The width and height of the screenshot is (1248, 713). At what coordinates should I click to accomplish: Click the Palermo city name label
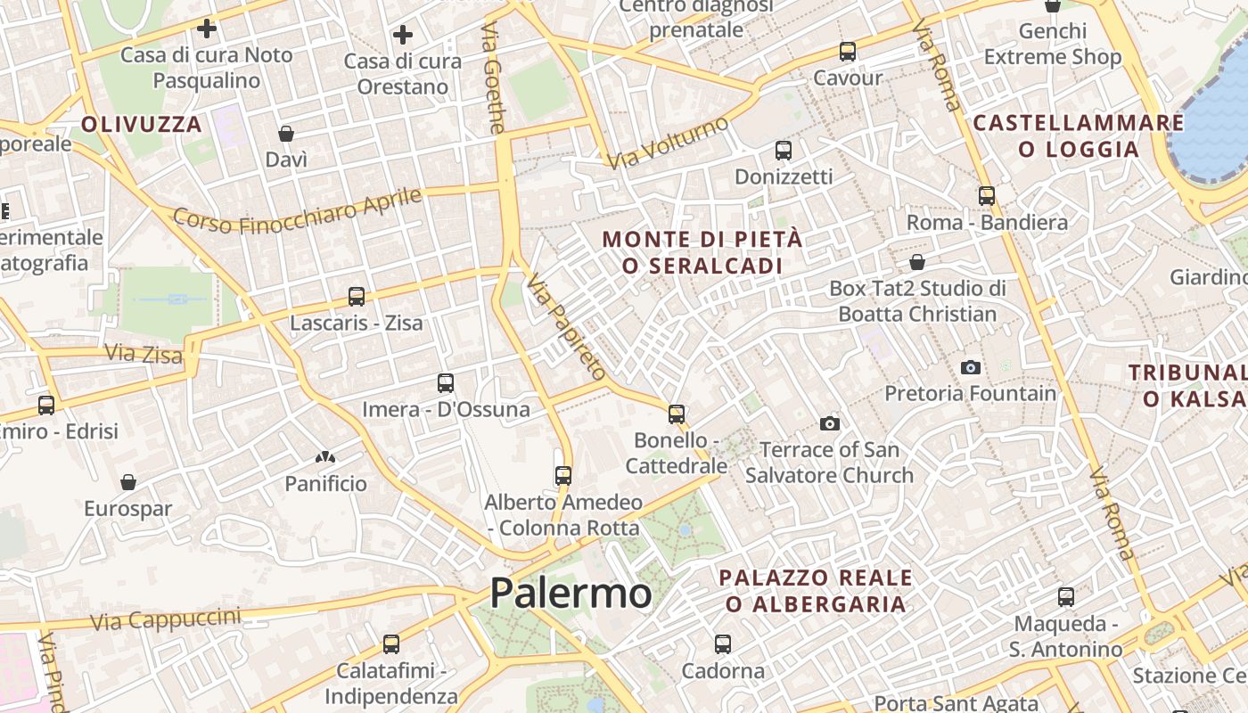tap(571, 593)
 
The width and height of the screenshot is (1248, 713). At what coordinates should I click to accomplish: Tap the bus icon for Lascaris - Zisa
tap(357, 297)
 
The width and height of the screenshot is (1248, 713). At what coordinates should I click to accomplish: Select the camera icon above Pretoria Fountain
tap(971, 367)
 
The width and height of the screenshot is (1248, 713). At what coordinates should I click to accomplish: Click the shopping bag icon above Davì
tap(286, 134)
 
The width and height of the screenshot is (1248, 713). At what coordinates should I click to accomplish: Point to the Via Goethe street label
tap(493, 78)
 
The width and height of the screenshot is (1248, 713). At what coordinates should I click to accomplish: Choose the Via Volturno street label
tap(668, 143)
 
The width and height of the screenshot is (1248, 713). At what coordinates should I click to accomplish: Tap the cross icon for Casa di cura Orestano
tap(403, 35)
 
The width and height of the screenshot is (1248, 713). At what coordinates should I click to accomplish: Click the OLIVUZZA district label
tap(143, 124)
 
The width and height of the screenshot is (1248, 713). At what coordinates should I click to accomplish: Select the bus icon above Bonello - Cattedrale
tap(677, 414)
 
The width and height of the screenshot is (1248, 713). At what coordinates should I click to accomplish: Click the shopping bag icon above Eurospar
tap(128, 482)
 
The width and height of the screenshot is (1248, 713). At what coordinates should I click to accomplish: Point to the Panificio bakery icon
tap(325, 458)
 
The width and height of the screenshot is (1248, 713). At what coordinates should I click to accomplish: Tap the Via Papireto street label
tap(566, 327)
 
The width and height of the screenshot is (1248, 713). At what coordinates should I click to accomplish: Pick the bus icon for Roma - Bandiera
tap(987, 196)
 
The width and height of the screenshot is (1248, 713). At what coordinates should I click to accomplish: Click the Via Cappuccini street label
tap(166, 619)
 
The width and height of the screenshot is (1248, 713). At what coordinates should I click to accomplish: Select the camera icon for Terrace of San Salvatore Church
tap(830, 423)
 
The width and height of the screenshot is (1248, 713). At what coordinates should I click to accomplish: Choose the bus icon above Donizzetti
tap(784, 151)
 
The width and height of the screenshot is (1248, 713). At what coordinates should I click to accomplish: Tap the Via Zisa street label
tap(144, 354)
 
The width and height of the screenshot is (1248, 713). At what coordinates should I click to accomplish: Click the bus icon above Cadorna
tap(723, 643)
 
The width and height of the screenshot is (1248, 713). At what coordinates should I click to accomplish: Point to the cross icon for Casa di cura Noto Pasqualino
tap(207, 29)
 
